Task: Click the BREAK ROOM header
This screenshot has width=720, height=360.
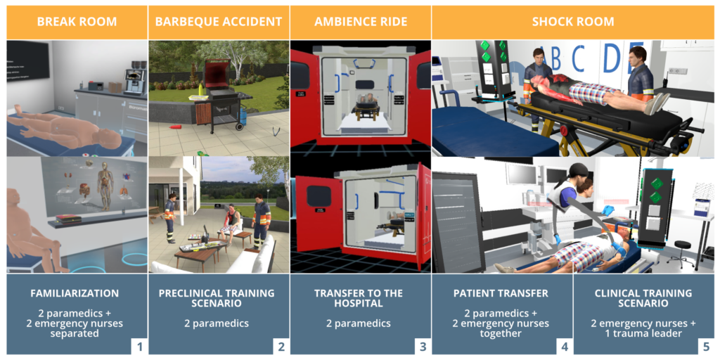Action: coord(77,22)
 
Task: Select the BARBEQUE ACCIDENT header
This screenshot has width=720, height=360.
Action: coord(219,22)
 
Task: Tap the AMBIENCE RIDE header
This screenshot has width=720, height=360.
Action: coord(361,22)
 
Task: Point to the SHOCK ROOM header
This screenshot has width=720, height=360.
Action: coord(573,22)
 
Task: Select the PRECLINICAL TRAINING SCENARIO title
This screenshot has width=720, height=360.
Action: coord(219,298)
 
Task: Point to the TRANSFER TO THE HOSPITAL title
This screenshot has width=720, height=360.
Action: coord(361,298)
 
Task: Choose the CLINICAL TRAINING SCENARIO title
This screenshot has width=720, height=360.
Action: coord(643,298)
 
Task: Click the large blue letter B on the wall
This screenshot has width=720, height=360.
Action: coord(556,59)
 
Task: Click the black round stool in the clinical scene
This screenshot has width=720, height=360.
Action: coord(681,250)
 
